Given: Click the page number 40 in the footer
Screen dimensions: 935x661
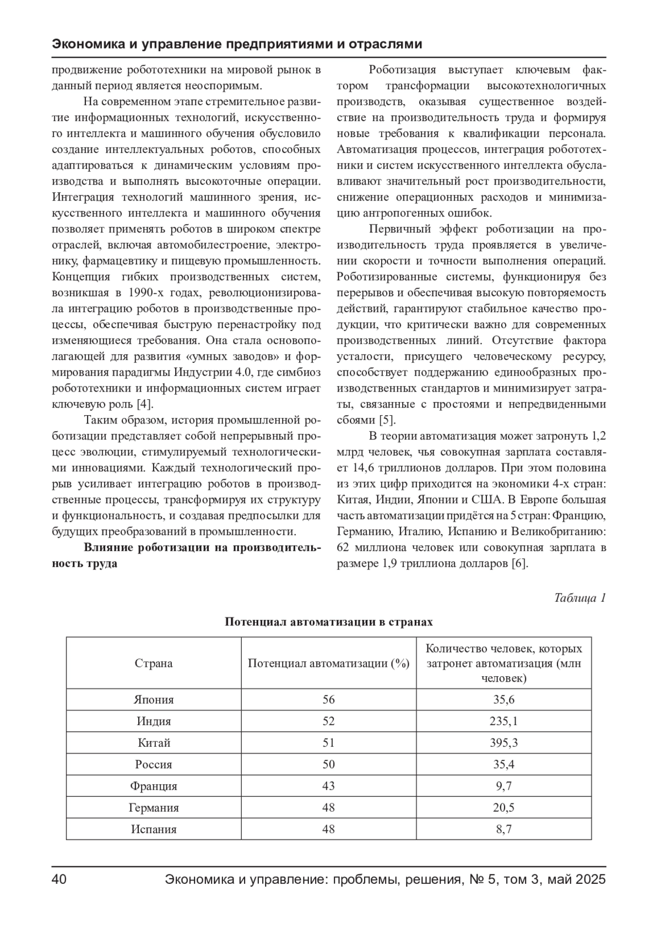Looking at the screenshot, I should click(59, 879).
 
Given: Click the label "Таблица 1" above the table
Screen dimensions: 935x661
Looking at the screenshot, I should click(580, 598).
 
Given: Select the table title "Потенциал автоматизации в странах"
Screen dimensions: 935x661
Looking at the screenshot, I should click(329, 622).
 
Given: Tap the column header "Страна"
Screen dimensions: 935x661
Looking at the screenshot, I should click(154, 663).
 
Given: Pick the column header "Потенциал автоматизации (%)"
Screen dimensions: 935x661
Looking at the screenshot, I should click(328, 663).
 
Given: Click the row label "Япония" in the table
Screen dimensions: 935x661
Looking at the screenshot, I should click(154, 700).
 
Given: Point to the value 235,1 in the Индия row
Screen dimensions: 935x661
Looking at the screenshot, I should click(503, 721).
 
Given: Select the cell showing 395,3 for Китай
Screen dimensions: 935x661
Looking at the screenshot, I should click(503, 743).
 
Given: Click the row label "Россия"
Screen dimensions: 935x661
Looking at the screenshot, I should click(154, 764).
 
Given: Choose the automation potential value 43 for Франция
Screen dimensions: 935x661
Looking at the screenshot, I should click(328, 786).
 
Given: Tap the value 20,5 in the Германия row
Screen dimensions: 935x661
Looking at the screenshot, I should click(503, 808).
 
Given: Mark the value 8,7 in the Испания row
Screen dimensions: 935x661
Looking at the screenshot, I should click(503, 829).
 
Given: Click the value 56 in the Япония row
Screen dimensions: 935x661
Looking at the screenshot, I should click(328, 700).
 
